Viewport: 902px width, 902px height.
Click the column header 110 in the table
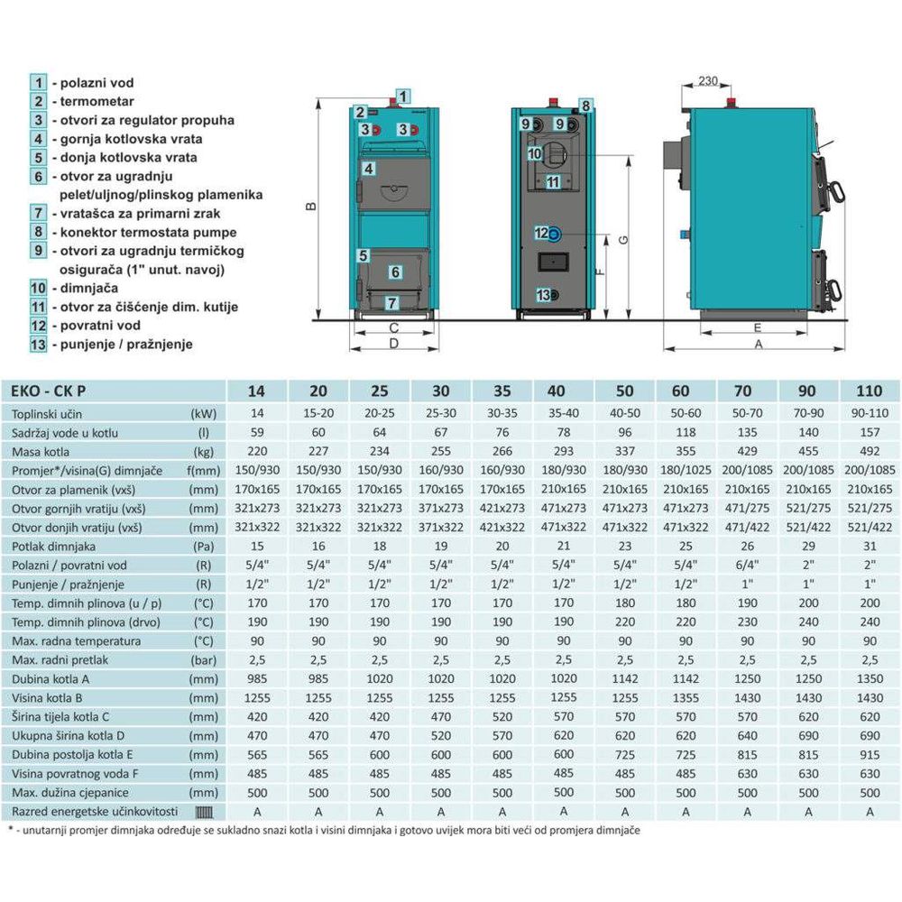(870, 392)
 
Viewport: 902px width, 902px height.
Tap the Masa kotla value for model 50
(624, 451)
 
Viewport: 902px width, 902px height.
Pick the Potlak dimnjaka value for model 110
(870, 546)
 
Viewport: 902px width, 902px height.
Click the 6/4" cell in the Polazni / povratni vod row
(747, 565)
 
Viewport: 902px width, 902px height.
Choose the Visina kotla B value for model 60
(686, 697)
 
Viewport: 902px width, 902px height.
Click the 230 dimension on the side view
(708, 81)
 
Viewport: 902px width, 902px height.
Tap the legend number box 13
(37, 344)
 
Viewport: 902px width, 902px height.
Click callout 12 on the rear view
(541, 233)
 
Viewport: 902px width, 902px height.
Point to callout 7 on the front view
(391, 303)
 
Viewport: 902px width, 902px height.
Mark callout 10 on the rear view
(534, 154)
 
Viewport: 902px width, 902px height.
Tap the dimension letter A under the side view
(759, 345)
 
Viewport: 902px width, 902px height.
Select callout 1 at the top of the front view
(403, 95)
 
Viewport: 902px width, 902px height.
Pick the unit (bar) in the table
(203, 659)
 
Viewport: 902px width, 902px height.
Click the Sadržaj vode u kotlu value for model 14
(257, 432)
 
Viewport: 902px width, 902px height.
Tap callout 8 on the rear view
(584, 106)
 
